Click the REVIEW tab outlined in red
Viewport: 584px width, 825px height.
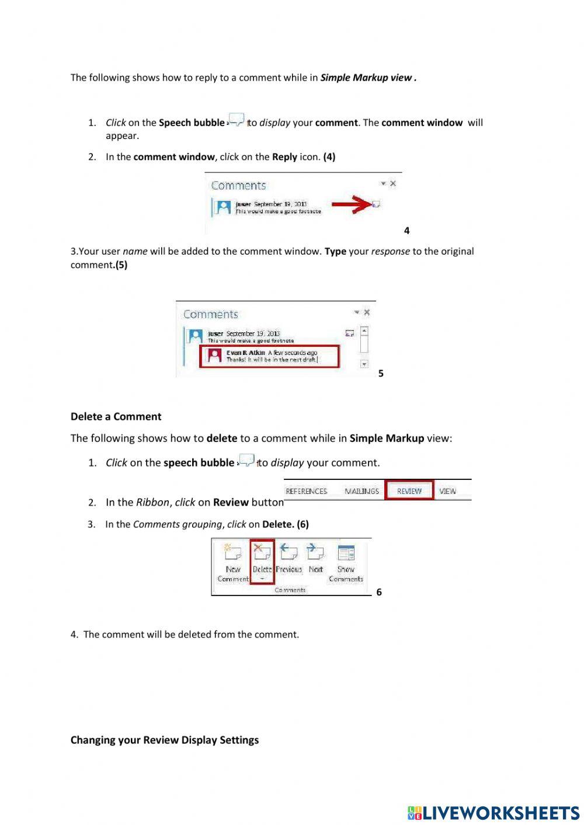[409, 491]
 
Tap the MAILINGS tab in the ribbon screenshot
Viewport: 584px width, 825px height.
[361, 491]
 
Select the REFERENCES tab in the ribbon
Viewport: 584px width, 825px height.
[306, 491]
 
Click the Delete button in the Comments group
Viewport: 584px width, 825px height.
[262, 561]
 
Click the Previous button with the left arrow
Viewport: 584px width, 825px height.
[288, 559]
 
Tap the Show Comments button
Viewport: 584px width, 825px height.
[346, 563]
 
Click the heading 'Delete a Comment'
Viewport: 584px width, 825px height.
[116, 416]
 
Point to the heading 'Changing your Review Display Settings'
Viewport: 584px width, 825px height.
[164, 740]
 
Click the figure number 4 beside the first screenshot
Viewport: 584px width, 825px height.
[406, 231]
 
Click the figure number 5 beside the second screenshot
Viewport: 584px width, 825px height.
[381, 373]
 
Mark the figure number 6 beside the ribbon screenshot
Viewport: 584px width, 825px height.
[379, 592]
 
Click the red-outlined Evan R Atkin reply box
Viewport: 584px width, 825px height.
[269, 356]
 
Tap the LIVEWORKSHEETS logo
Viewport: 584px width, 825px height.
[493, 813]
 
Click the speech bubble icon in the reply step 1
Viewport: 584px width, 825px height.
[237, 120]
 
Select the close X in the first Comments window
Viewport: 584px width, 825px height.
[393, 183]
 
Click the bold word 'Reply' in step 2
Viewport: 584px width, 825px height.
[284, 156]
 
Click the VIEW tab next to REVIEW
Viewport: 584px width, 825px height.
[447, 491]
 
